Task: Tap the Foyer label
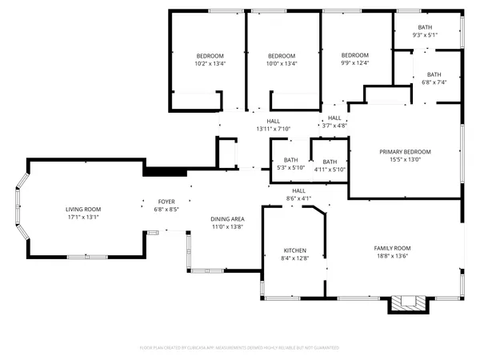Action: (166, 202)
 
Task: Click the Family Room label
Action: (393, 248)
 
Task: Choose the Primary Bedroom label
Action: (405, 151)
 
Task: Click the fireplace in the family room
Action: (408, 304)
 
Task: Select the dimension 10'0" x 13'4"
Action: (282, 63)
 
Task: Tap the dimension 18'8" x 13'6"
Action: (393, 256)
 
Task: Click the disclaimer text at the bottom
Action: (240, 348)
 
